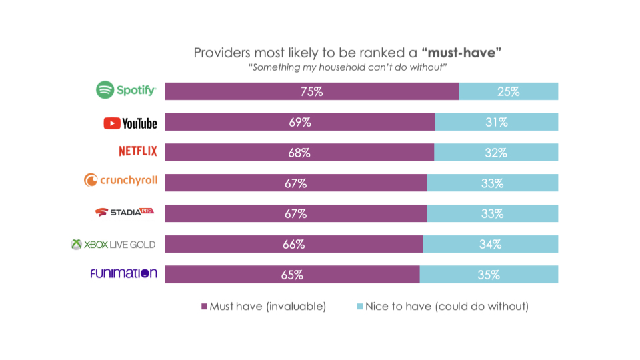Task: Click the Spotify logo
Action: (126, 91)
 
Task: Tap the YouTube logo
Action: (131, 123)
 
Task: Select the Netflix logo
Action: (138, 151)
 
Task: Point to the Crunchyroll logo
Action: (121, 180)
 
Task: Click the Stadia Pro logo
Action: (123, 212)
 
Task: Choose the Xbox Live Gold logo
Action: (113, 244)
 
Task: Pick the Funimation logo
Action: (124, 273)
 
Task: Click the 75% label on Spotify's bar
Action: (311, 92)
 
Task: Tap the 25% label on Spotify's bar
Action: (508, 92)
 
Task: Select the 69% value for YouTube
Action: (299, 123)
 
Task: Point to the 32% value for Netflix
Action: (496, 153)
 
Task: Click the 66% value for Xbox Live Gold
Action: (293, 245)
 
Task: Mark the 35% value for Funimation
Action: (488, 275)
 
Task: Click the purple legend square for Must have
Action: (205, 307)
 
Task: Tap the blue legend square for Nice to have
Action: (360, 307)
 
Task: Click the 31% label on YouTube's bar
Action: (497, 123)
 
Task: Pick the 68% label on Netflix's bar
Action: (299, 153)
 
